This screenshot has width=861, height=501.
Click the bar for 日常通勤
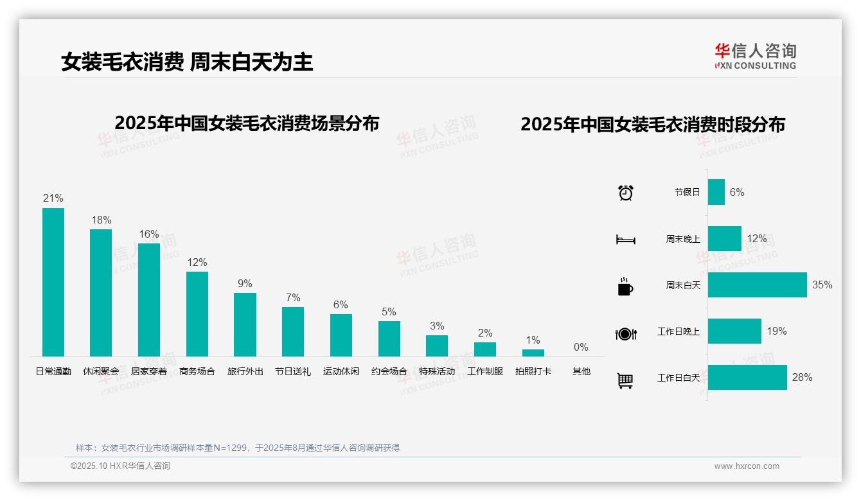53,282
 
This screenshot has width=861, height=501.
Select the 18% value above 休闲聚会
101,220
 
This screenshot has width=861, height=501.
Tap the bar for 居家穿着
149,299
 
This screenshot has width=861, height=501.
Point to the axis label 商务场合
197,371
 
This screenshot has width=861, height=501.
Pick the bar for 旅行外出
245,324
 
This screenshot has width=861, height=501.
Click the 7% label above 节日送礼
292,297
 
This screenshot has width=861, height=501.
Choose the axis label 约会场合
389,371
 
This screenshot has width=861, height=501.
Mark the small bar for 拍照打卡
533,353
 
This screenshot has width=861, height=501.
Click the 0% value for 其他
581,347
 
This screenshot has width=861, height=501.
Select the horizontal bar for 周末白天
757,285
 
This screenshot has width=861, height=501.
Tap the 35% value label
822,285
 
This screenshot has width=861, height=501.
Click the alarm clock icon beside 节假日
626,193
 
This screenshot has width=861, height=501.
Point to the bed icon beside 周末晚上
626,240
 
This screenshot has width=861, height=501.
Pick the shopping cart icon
625,380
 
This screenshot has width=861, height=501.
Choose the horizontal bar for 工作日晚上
734,331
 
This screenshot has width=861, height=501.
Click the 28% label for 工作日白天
802,378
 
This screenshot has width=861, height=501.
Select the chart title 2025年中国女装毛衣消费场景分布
247,123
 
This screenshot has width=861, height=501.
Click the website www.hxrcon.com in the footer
747,466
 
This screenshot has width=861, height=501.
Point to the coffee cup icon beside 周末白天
625,286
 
